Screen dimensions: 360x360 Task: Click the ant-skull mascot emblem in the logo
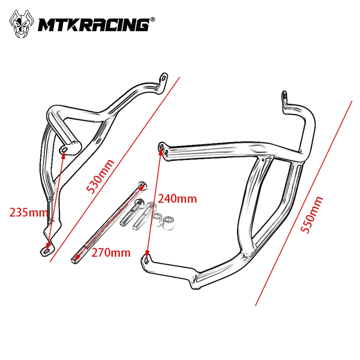(21, 24)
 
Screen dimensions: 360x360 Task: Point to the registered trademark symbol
(152, 19)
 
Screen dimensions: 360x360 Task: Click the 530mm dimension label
(100, 176)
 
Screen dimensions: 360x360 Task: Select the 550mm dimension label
(312, 215)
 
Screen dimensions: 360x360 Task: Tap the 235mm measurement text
(28, 213)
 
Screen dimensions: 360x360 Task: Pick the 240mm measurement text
(177, 199)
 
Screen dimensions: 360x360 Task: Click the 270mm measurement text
(111, 253)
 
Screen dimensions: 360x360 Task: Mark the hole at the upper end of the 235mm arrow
(64, 150)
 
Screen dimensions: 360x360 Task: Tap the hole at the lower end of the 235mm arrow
(47, 251)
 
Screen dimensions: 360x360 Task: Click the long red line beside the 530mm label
(115, 169)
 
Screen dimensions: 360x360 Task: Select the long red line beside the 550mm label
(303, 203)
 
